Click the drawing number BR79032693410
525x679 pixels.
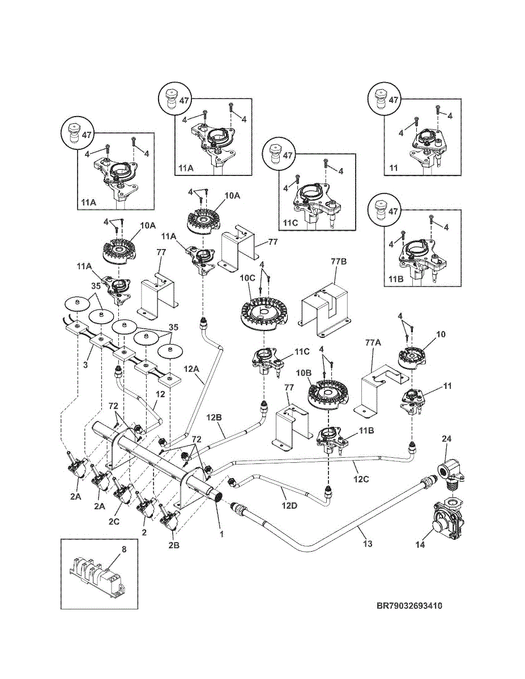(409, 606)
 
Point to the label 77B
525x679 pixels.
(338, 261)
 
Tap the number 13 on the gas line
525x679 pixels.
(367, 544)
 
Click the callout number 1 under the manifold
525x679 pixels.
(222, 534)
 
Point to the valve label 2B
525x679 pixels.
(175, 545)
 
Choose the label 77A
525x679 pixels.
(372, 343)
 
